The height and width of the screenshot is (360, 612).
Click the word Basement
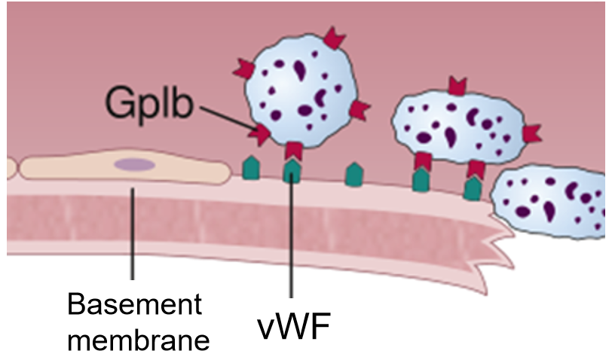point(135,306)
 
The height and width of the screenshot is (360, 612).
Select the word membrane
point(135,340)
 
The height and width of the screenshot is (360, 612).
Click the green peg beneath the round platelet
point(292,171)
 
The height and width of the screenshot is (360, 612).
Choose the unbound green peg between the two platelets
point(352,175)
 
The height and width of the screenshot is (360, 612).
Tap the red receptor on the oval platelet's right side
point(531,133)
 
